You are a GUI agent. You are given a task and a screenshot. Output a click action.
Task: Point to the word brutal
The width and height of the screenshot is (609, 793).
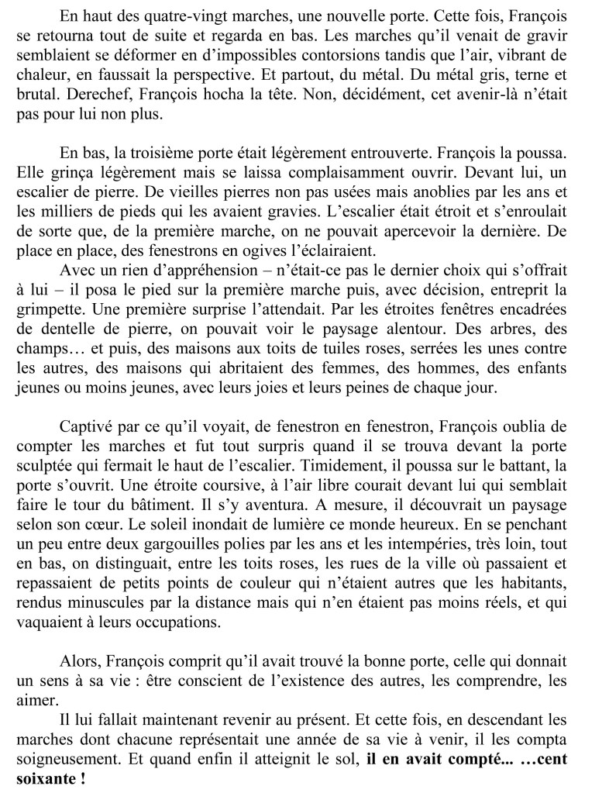(x=35, y=98)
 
